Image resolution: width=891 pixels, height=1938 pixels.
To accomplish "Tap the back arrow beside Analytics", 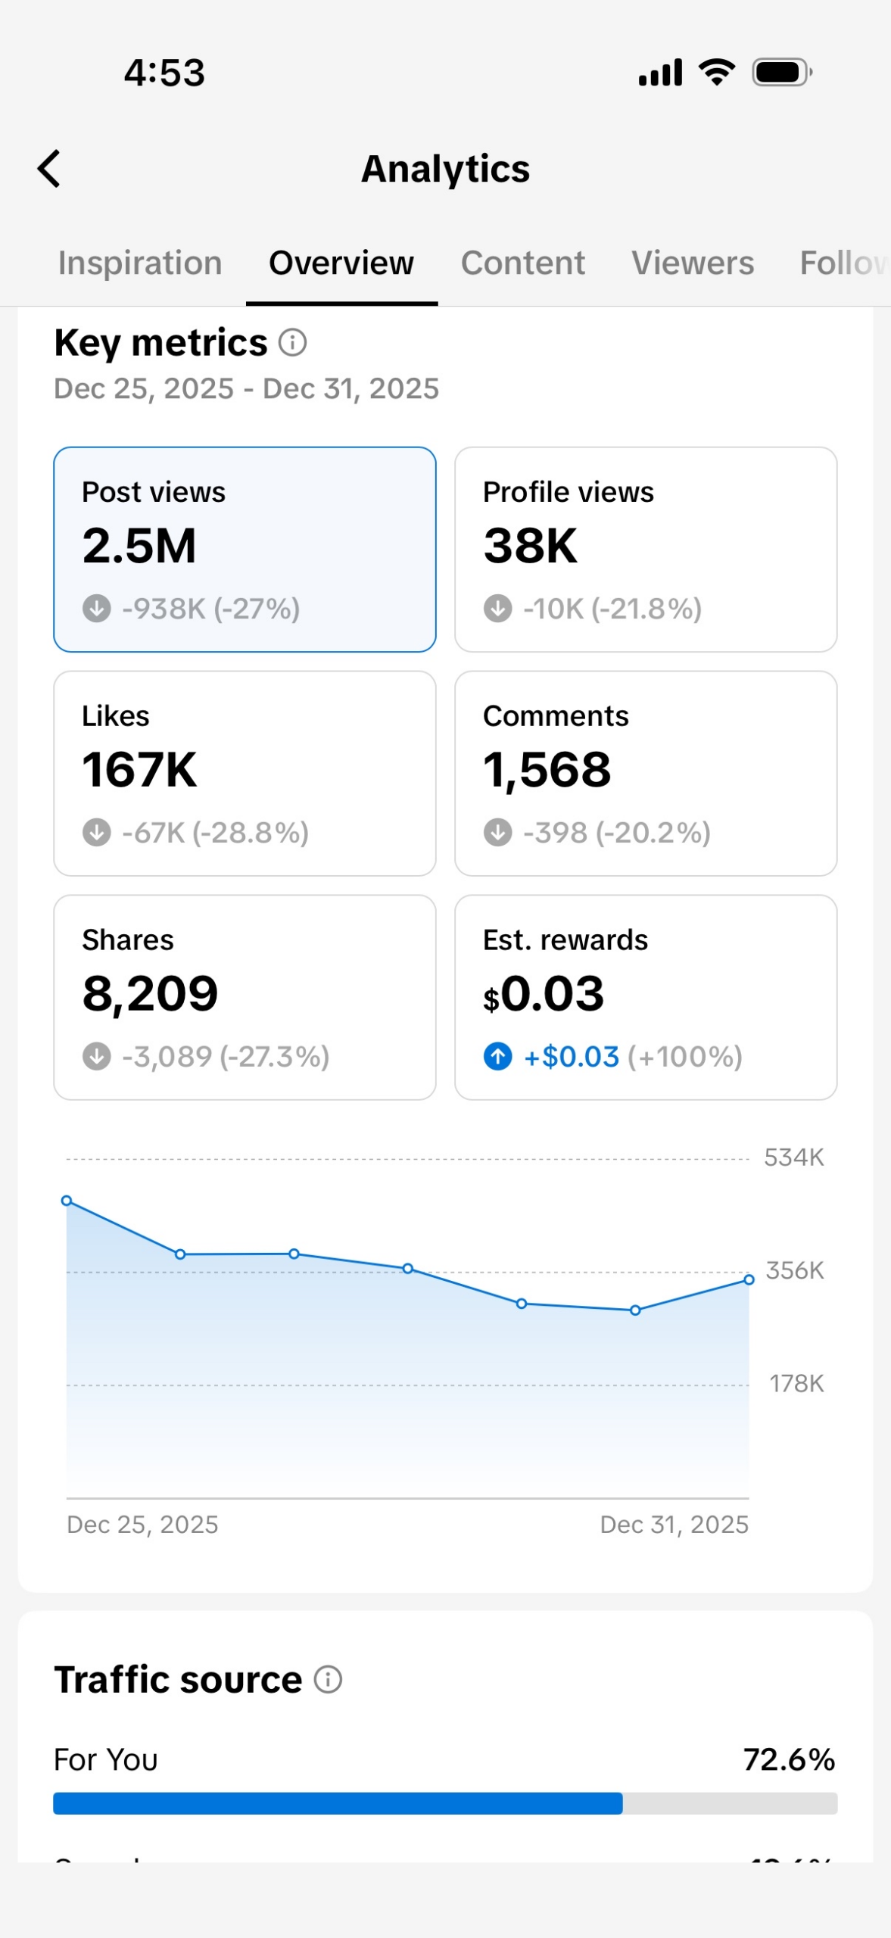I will tap(49, 168).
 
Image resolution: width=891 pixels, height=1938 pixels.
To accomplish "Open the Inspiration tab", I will tap(140, 263).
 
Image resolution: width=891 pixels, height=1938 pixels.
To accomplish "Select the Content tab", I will tap(522, 263).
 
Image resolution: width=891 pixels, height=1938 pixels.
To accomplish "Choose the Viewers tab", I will tap(692, 263).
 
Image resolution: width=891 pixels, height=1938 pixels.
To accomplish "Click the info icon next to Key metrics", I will tap(292, 342).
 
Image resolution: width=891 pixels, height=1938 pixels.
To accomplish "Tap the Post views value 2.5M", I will tap(139, 545).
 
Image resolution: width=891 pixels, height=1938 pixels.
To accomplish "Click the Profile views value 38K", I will tap(530, 545).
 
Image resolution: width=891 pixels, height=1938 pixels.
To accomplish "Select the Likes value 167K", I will tap(139, 769).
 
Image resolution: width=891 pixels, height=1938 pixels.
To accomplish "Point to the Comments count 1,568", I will tap(547, 769).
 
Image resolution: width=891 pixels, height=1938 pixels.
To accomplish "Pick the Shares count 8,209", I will tap(150, 993).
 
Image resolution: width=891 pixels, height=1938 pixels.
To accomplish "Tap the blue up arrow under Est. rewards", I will tap(497, 1056).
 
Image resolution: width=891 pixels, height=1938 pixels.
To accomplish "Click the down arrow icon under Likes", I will tap(96, 832).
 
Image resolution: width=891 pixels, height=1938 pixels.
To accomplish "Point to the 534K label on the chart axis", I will tap(793, 1157).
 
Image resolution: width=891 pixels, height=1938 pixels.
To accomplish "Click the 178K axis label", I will tap(796, 1383).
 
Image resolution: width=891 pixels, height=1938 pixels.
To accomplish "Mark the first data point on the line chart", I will tap(67, 1201).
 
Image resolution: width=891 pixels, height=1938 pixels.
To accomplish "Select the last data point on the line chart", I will tap(749, 1279).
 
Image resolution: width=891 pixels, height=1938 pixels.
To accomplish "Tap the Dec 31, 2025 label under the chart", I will tap(674, 1524).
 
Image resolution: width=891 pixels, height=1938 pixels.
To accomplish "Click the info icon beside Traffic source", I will tap(328, 1679).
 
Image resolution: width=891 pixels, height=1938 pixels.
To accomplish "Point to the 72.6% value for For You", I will tap(789, 1759).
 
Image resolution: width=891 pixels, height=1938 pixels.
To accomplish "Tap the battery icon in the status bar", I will tap(781, 73).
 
